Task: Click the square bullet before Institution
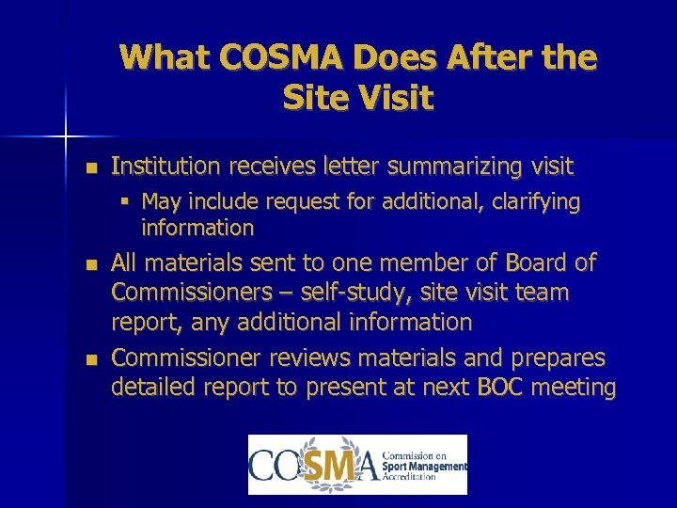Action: (x=89, y=168)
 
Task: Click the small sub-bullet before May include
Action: (x=125, y=202)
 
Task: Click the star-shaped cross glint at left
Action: (x=66, y=137)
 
